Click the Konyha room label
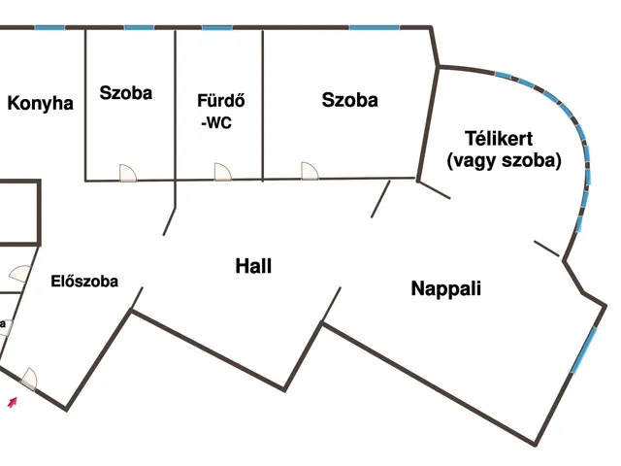tap(41, 104)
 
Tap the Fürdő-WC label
tap(220, 112)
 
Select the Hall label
tap(253, 266)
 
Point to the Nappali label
tap(446, 289)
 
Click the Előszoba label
tap(84, 282)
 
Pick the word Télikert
tap(499, 138)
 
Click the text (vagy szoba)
tap(505, 160)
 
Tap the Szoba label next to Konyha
tap(126, 93)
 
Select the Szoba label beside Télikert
tap(349, 100)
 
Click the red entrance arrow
tap(13, 402)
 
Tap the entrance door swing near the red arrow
tap(28, 380)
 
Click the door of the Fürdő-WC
tap(222, 172)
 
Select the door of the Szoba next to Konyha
tap(128, 173)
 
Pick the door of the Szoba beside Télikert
tap(310, 171)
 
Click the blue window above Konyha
tap(49, 28)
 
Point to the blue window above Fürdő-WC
tap(217, 28)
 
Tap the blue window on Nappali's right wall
tap(584, 349)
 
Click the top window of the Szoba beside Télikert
tap(375, 28)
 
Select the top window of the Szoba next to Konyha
tap(139, 28)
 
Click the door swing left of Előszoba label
tap(19, 274)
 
